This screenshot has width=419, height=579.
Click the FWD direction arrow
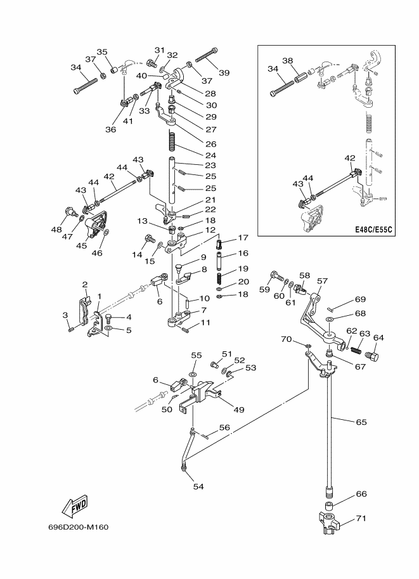tap(75, 506)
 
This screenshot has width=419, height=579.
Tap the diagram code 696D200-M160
tap(78, 527)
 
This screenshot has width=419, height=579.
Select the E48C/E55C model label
tap(373, 230)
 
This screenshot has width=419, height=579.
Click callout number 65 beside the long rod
tap(361, 422)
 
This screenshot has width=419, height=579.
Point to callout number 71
tap(361, 519)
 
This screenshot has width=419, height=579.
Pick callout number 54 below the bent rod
tap(198, 486)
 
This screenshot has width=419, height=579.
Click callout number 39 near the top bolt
tap(224, 73)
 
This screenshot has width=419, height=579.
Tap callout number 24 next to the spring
tap(211, 155)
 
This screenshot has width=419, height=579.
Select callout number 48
tap(56, 230)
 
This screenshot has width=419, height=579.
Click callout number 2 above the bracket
tap(85, 285)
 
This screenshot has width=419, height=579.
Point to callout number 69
tap(360, 299)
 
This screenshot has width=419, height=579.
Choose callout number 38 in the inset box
tap(288, 60)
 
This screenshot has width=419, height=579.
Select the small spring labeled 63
tap(356, 349)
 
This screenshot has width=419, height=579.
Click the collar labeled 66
tap(328, 505)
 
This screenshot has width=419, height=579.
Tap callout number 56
tap(224, 427)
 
